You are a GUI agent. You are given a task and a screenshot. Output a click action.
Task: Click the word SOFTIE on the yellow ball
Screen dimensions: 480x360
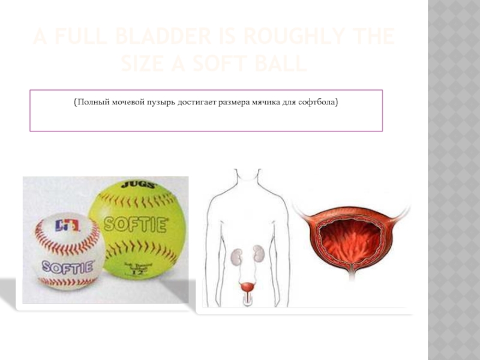[135, 225]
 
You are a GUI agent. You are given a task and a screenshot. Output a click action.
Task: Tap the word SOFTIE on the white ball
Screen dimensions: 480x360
[68, 265]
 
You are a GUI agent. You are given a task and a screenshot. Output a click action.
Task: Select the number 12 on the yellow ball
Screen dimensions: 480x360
[139, 274]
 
